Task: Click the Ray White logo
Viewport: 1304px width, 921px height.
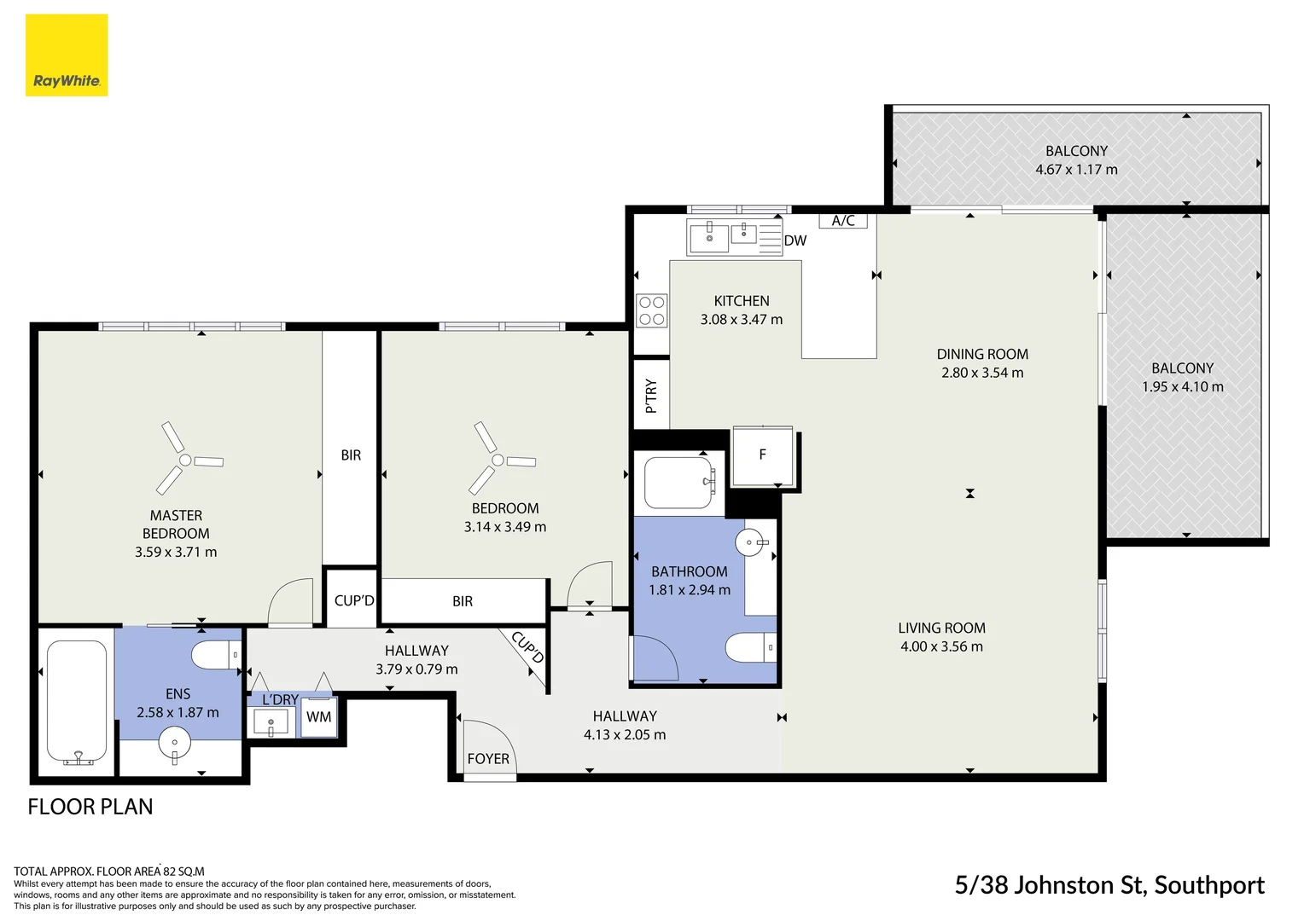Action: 67,55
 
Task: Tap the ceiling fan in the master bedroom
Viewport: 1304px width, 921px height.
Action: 185,460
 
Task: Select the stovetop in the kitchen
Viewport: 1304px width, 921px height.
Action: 652,310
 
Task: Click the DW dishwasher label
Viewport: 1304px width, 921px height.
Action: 795,240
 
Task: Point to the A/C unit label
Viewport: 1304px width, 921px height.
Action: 843,221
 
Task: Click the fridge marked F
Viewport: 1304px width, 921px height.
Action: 763,455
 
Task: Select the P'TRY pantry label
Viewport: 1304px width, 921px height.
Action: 651,396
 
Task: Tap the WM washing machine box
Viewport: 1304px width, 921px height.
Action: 319,717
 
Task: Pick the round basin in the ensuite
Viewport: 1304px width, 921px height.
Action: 176,742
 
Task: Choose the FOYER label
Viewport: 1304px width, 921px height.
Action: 488,759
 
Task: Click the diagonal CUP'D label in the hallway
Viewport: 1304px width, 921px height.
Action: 527,648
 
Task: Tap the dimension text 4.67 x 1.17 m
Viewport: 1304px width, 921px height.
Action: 1076,170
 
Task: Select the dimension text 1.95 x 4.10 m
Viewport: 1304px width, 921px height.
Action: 1182,387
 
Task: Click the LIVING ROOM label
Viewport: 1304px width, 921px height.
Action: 941,628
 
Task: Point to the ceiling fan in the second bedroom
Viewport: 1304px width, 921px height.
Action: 498,460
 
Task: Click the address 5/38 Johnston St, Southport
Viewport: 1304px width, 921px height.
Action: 1109,886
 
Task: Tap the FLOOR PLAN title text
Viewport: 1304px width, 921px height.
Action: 90,807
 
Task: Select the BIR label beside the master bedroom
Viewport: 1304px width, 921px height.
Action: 351,455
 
